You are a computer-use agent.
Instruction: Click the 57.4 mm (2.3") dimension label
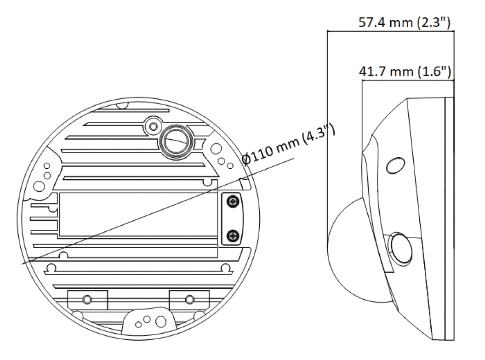click(x=404, y=23)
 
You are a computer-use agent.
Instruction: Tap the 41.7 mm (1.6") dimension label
click(x=405, y=71)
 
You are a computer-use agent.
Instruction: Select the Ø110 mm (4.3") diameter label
click(x=288, y=144)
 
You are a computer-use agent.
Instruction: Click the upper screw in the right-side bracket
click(x=233, y=202)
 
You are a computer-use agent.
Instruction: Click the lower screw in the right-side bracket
click(x=233, y=236)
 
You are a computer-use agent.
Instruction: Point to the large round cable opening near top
click(x=176, y=143)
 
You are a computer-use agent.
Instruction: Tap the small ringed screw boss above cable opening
click(x=153, y=126)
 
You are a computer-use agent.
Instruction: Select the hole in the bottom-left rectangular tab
click(x=87, y=299)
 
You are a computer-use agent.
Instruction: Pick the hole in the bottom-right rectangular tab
click(x=189, y=299)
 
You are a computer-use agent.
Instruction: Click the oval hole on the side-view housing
click(x=396, y=166)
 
